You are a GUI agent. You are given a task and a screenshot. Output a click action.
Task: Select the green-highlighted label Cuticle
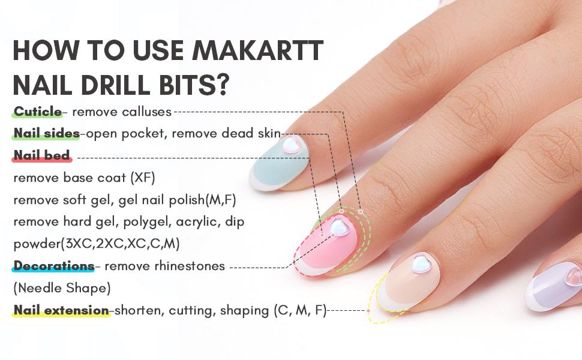click(37, 112)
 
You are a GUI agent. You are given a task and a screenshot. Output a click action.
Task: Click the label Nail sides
click(46, 133)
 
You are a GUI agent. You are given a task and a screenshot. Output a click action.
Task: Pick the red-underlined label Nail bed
click(42, 155)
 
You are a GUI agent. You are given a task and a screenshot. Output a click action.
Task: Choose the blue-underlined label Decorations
click(53, 266)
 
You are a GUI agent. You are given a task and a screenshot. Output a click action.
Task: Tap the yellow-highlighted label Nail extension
click(61, 310)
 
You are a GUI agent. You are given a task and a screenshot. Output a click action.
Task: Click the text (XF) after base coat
click(147, 178)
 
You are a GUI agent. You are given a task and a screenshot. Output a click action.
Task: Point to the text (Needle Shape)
click(62, 288)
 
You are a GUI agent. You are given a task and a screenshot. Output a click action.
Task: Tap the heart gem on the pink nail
click(340, 227)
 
